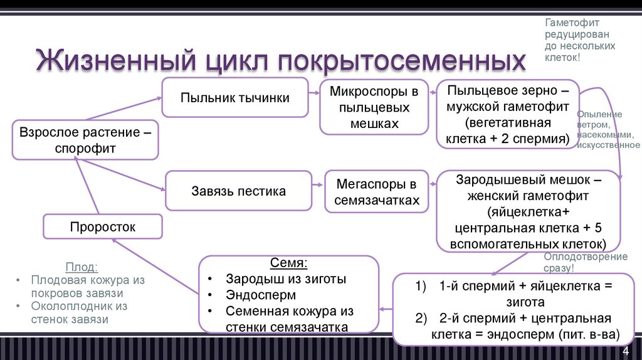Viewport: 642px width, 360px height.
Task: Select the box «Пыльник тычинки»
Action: (x=234, y=97)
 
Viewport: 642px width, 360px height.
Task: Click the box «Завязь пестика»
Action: (x=238, y=191)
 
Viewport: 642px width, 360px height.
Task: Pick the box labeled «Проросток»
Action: (x=103, y=226)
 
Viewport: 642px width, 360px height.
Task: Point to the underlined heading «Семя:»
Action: (x=289, y=263)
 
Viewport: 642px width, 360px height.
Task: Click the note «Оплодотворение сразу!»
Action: (x=585, y=262)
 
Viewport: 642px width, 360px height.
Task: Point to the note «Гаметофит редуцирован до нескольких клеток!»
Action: (x=579, y=40)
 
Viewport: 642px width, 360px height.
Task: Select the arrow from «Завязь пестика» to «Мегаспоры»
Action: (x=317, y=187)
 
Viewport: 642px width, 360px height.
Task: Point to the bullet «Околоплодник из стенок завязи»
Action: (x=78, y=312)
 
